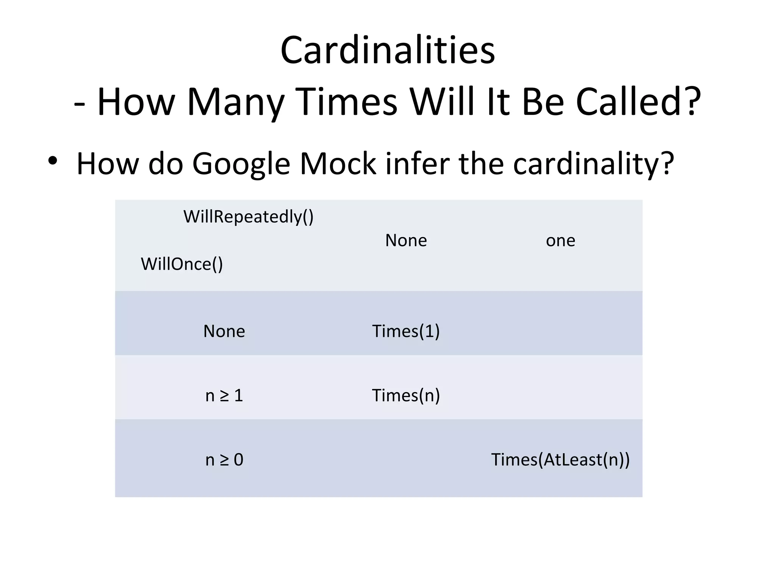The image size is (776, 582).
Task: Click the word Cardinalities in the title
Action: point(388,50)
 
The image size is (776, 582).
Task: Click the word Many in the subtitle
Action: point(235,102)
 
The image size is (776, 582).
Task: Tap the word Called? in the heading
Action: point(638,102)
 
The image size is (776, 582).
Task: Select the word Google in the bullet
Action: point(241,164)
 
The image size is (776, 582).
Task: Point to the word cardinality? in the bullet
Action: point(593,164)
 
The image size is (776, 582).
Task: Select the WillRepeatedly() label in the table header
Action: point(249,217)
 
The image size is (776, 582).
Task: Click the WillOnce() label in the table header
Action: point(182,264)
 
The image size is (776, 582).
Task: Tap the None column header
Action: point(406,241)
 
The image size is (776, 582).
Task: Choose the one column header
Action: point(560,241)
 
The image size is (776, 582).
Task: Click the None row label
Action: point(224,331)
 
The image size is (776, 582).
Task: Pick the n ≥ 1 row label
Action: point(224,396)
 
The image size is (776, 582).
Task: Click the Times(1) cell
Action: point(406,331)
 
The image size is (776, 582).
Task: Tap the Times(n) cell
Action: point(406,396)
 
